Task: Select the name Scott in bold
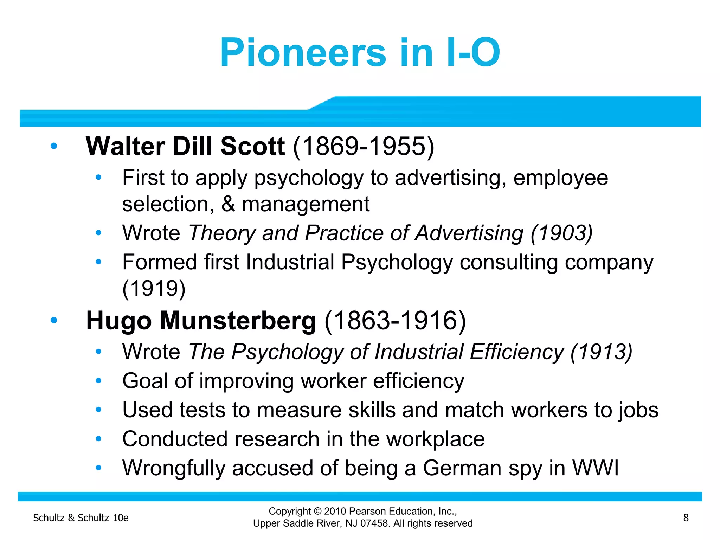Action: point(252,146)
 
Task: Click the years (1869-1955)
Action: point(364,146)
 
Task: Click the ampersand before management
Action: point(228,204)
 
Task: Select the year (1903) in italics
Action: point(561,233)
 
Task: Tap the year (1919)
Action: point(154,288)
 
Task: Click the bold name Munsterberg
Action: point(238,321)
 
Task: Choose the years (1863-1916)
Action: point(395,321)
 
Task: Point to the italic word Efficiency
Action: point(517,352)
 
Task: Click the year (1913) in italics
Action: point(602,352)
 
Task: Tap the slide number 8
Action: point(686,517)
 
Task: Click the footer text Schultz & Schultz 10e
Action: point(81,518)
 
